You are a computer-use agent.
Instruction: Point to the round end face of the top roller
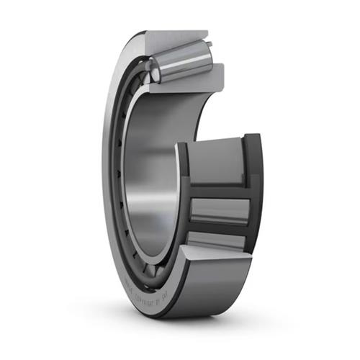(153, 68)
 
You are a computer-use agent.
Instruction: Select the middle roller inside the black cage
(220, 210)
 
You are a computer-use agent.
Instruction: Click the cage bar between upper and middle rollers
(220, 189)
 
